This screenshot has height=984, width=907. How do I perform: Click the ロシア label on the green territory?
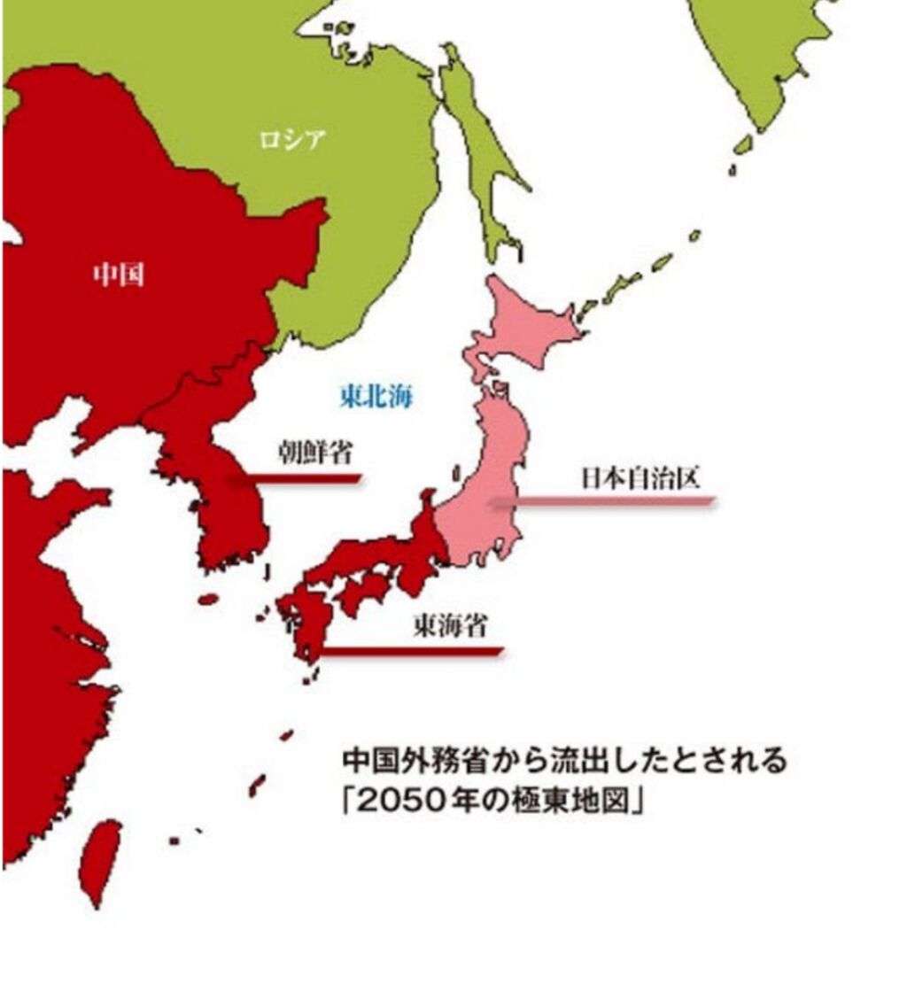[291, 139]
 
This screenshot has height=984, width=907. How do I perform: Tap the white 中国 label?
[119, 275]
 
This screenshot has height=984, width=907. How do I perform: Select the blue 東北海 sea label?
[376, 396]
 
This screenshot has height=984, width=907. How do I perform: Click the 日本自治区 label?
[640, 478]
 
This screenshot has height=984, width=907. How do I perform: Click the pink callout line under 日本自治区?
[602, 502]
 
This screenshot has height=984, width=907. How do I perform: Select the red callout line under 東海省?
[412, 652]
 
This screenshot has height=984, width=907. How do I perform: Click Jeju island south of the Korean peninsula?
[208, 599]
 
